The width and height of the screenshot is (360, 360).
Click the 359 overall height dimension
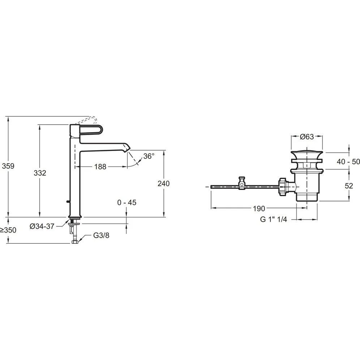[x=8, y=166]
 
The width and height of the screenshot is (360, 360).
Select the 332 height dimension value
[x=40, y=173]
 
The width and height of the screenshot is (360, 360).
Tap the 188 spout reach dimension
[x=100, y=166]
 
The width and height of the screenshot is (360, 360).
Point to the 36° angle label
[x=149, y=156]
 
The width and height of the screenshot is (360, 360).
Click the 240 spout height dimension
[x=163, y=183]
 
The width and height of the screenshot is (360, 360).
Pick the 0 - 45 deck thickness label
[x=127, y=202]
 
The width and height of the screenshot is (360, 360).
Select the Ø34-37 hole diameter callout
[x=42, y=226]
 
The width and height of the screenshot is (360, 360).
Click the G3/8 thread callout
[x=101, y=235]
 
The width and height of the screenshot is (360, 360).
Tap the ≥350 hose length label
[x=8, y=230]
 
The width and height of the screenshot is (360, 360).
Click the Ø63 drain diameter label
[x=307, y=136]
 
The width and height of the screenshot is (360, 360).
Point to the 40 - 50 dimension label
[x=348, y=162]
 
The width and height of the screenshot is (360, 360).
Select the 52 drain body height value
[x=349, y=186]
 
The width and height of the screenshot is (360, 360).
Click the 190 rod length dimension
[x=259, y=208]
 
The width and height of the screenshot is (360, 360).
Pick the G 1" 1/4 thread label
[x=274, y=219]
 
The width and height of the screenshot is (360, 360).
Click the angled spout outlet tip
[x=127, y=148]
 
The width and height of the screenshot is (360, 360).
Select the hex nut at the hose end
[x=75, y=242]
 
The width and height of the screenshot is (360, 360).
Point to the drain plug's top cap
[x=307, y=153]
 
